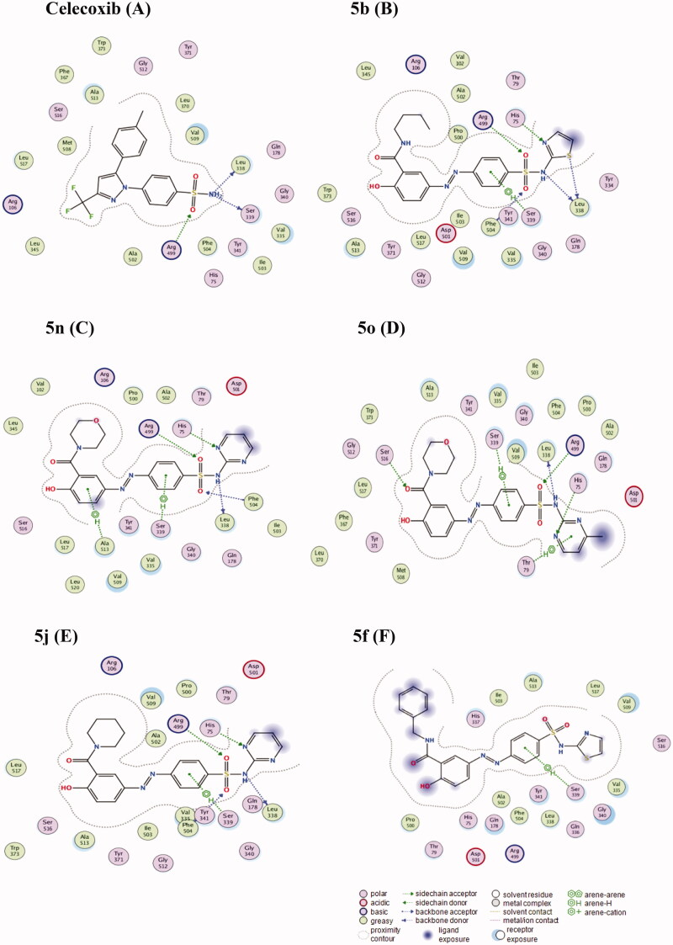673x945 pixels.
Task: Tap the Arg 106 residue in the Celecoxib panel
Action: (x=13, y=204)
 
